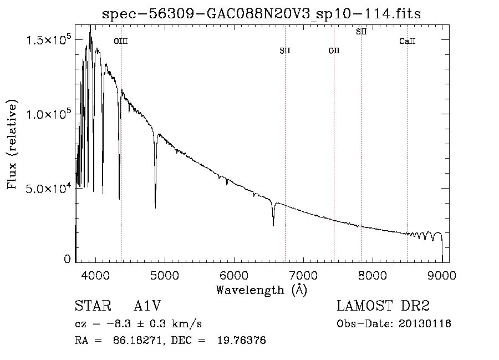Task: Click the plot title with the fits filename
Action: click(261, 14)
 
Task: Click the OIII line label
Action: click(121, 41)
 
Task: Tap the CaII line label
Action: click(408, 41)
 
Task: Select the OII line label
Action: click(334, 51)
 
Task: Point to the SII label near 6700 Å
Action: click(285, 51)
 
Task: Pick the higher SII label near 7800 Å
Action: click(361, 32)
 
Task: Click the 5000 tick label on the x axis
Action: click(165, 275)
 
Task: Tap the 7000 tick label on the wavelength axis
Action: click(303, 275)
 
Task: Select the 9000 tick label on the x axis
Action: click(442, 275)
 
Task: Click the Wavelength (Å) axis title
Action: click(261, 290)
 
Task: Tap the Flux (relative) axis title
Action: click(12, 144)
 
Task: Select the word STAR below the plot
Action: click(89, 307)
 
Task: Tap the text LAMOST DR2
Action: click(383, 307)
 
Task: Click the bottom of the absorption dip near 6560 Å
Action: click(273, 225)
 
